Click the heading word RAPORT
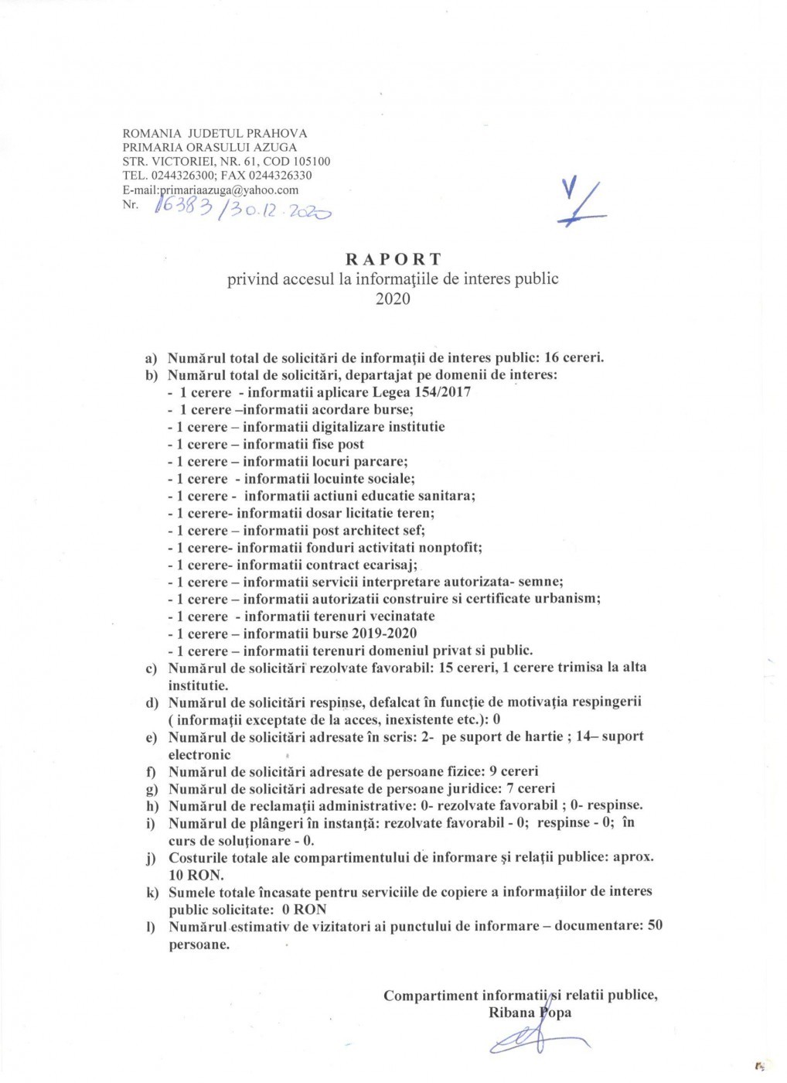click(393, 259)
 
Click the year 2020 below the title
click(393, 299)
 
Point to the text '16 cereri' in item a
click(574, 357)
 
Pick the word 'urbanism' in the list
click(567, 599)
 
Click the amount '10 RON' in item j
click(196, 875)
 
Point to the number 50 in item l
click(654, 926)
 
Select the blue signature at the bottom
click(533, 1040)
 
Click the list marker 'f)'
click(152, 772)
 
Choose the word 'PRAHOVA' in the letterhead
click(277, 133)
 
